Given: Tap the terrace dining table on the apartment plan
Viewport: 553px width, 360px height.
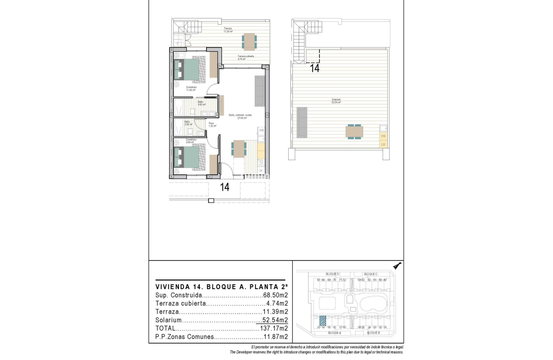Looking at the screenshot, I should (x=249, y=41).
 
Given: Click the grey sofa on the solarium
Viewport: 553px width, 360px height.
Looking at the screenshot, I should (x=302, y=122).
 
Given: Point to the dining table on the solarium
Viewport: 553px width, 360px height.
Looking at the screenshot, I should (x=354, y=132).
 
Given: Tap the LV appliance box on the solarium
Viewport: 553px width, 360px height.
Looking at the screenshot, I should (x=382, y=144).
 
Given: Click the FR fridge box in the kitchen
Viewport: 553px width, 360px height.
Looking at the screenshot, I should (x=261, y=131).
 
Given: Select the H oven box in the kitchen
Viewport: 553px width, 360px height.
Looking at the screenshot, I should (x=261, y=171).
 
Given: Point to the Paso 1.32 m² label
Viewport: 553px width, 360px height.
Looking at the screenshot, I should (x=212, y=124).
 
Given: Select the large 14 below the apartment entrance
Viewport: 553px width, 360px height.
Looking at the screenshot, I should (x=225, y=187).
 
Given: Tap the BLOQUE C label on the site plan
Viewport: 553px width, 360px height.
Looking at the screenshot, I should (x=371, y=274).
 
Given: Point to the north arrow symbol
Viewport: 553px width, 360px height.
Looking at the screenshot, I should (x=397, y=265).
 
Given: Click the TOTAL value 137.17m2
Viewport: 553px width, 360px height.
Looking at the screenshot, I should (x=274, y=328).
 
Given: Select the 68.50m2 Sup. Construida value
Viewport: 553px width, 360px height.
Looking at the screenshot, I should (x=276, y=295).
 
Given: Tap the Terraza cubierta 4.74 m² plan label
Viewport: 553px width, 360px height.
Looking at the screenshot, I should (x=245, y=57).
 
